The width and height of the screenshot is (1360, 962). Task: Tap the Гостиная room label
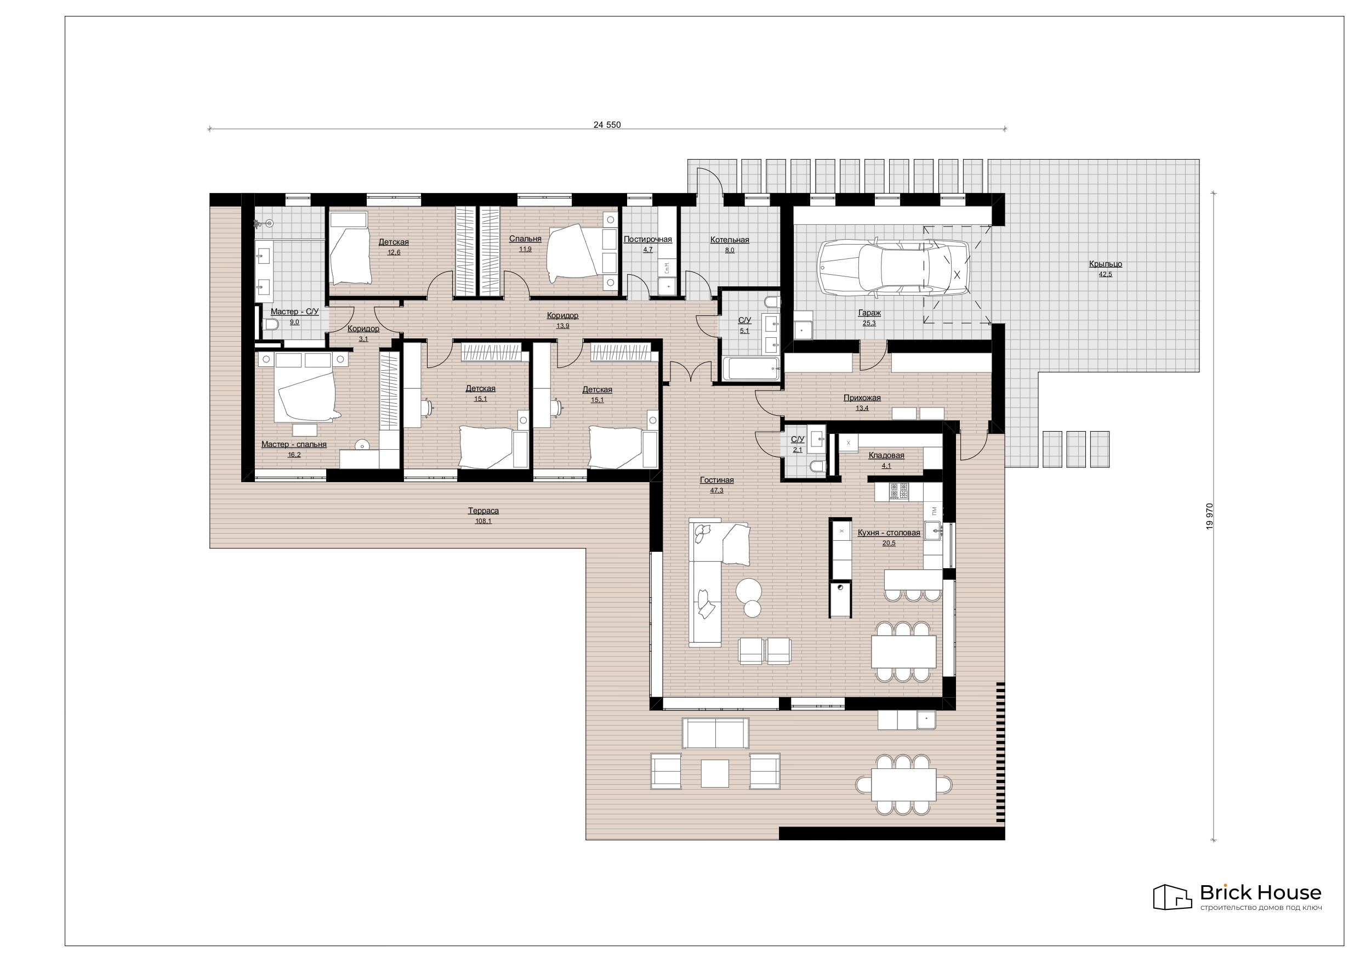coord(716,480)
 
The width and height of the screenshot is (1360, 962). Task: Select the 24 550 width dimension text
coord(607,125)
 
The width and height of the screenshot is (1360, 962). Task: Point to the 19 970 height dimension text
coord(1210,516)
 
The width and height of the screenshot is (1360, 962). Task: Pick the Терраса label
coord(483,510)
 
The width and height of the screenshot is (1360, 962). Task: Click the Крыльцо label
coord(1105,264)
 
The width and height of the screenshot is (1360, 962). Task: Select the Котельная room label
coord(730,240)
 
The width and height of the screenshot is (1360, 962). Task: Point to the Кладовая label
coord(886,455)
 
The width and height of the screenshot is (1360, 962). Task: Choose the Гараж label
coord(869,313)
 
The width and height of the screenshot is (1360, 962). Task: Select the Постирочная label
coord(648,239)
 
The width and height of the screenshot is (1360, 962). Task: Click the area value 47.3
coord(716,490)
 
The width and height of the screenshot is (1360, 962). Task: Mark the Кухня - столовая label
coord(889,532)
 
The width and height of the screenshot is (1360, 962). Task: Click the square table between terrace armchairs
coord(715,773)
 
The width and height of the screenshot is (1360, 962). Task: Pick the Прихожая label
coord(862,398)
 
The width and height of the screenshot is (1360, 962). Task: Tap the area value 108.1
coord(483,521)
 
